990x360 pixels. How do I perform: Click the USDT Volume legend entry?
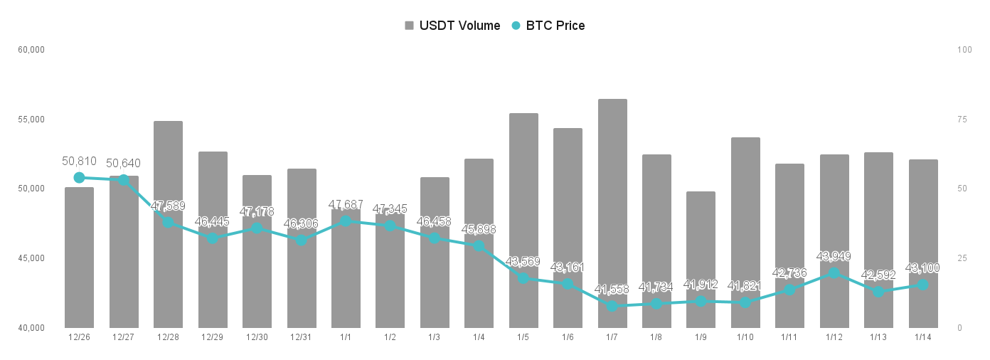pyautogui.click(x=452, y=26)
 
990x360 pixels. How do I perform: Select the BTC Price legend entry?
pyautogui.click(x=548, y=26)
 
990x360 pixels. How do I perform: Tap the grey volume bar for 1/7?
pyautogui.click(x=612, y=213)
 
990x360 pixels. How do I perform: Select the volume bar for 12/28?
pyautogui.click(x=168, y=224)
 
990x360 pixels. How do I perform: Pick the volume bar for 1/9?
pyautogui.click(x=701, y=260)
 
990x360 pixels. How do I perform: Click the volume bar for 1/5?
pyautogui.click(x=523, y=221)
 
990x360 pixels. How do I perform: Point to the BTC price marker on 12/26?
pyautogui.click(x=79, y=178)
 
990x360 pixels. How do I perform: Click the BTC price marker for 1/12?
pyautogui.click(x=834, y=273)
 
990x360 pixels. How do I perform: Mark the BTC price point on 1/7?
pyautogui.click(x=612, y=306)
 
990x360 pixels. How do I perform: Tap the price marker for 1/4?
pyautogui.click(x=479, y=246)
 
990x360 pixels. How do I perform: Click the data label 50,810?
pyautogui.click(x=79, y=162)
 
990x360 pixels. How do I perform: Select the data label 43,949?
pyautogui.click(x=834, y=257)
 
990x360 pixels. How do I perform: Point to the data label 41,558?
pyautogui.click(x=612, y=290)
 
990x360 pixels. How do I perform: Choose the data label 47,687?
pyautogui.click(x=346, y=205)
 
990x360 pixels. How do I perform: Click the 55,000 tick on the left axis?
pyautogui.click(x=31, y=120)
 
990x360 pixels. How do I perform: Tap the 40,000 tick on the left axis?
pyautogui.click(x=31, y=328)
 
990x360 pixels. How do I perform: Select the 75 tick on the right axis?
pyautogui.click(x=962, y=120)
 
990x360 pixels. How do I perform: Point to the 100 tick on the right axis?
pyautogui.click(x=964, y=50)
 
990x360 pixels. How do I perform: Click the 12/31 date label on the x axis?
pyautogui.click(x=301, y=337)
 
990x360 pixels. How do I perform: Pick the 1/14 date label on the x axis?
pyautogui.click(x=923, y=337)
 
